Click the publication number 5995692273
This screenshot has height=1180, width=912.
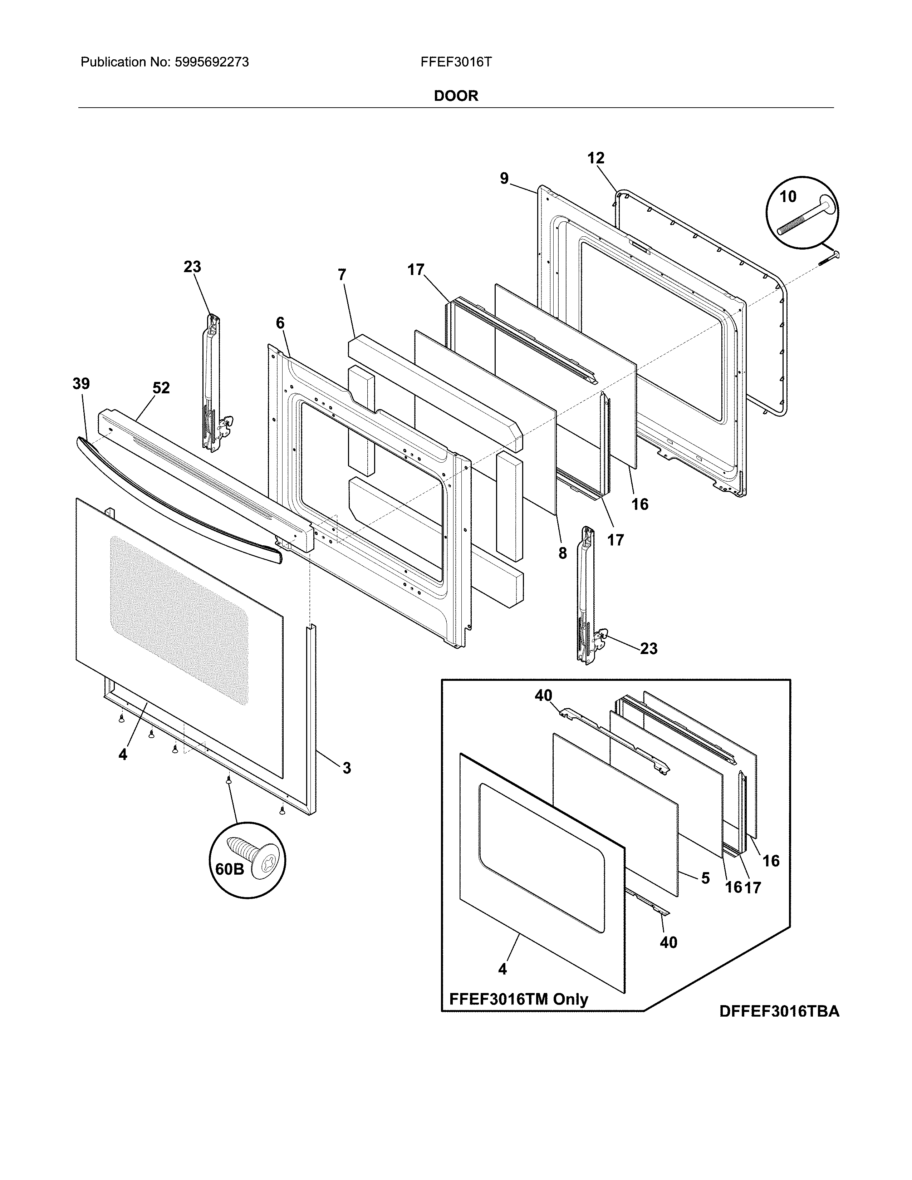211,62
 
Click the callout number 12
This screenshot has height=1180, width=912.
595,158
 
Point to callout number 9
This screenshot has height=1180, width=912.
504,178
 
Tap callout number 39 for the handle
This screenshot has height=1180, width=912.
81,384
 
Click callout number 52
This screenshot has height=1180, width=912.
161,388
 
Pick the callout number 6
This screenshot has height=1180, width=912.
280,323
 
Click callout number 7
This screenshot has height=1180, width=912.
342,275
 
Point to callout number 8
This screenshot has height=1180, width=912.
563,553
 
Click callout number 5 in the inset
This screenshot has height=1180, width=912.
705,878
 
